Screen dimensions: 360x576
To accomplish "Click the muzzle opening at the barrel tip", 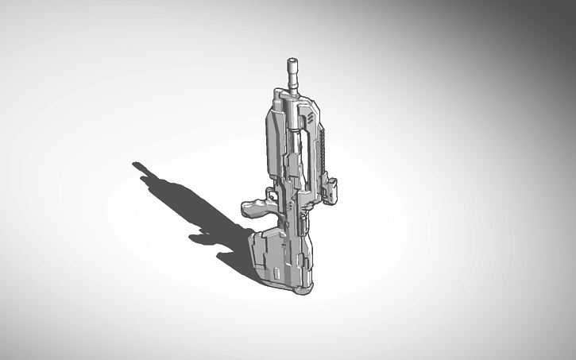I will [292, 60].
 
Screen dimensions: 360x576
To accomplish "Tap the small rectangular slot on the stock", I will [275, 273].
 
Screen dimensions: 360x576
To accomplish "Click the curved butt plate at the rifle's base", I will [303, 288].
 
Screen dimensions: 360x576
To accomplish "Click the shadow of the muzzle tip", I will [137, 166].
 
